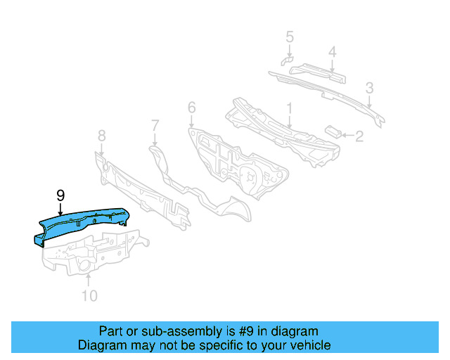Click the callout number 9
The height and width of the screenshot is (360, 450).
pyautogui.click(x=60, y=194)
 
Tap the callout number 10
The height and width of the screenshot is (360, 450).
pyautogui.click(x=89, y=295)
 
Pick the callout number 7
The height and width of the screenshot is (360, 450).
pyautogui.click(x=155, y=125)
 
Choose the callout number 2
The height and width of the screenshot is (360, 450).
pyautogui.click(x=359, y=136)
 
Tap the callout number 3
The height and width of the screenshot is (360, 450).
pyautogui.click(x=369, y=88)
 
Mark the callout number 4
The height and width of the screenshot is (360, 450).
pyautogui.click(x=333, y=51)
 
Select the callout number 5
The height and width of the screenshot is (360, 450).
pyautogui.click(x=289, y=36)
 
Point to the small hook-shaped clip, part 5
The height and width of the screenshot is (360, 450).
pyautogui.click(x=286, y=60)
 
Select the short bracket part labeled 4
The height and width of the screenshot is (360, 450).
pyautogui.click(x=320, y=70)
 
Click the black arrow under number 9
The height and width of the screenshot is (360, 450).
pyautogui.click(x=60, y=208)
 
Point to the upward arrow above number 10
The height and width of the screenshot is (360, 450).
pyautogui.click(x=89, y=281)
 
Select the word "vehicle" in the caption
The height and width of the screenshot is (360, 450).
pyautogui.click(x=309, y=345)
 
